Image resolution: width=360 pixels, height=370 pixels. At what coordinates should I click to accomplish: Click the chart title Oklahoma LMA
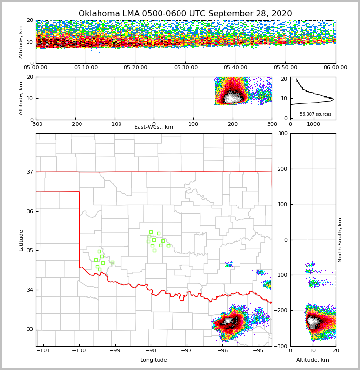pos(185,14)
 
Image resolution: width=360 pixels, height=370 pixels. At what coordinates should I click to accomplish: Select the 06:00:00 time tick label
pos(335,68)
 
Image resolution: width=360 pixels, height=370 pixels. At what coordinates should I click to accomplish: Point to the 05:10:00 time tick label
pos(85,68)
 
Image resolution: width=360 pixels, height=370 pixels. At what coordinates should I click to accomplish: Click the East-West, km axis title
pos(154,127)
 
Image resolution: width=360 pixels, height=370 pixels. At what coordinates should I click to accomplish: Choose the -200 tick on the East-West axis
pos(75,124)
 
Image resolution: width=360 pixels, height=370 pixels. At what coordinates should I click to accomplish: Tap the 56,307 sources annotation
pos(316,114)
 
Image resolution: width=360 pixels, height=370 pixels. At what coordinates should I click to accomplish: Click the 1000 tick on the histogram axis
pos(313,124)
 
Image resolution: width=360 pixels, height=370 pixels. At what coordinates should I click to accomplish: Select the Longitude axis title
pos(154,360)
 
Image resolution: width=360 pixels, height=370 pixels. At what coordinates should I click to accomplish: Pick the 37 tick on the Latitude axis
pos(29,172)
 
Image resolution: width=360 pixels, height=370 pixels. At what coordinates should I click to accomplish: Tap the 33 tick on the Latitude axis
pos(29,329)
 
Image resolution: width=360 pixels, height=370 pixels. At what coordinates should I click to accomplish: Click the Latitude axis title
pos(21,240)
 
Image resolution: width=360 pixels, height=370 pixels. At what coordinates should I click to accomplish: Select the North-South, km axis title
pos(340,240)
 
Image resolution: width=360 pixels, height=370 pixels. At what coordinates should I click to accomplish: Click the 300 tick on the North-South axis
pos(282,134)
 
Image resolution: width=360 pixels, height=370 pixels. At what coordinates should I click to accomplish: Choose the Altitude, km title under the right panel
pos(313,360)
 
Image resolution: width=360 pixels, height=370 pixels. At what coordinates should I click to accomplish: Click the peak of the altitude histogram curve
pos(333,99)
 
